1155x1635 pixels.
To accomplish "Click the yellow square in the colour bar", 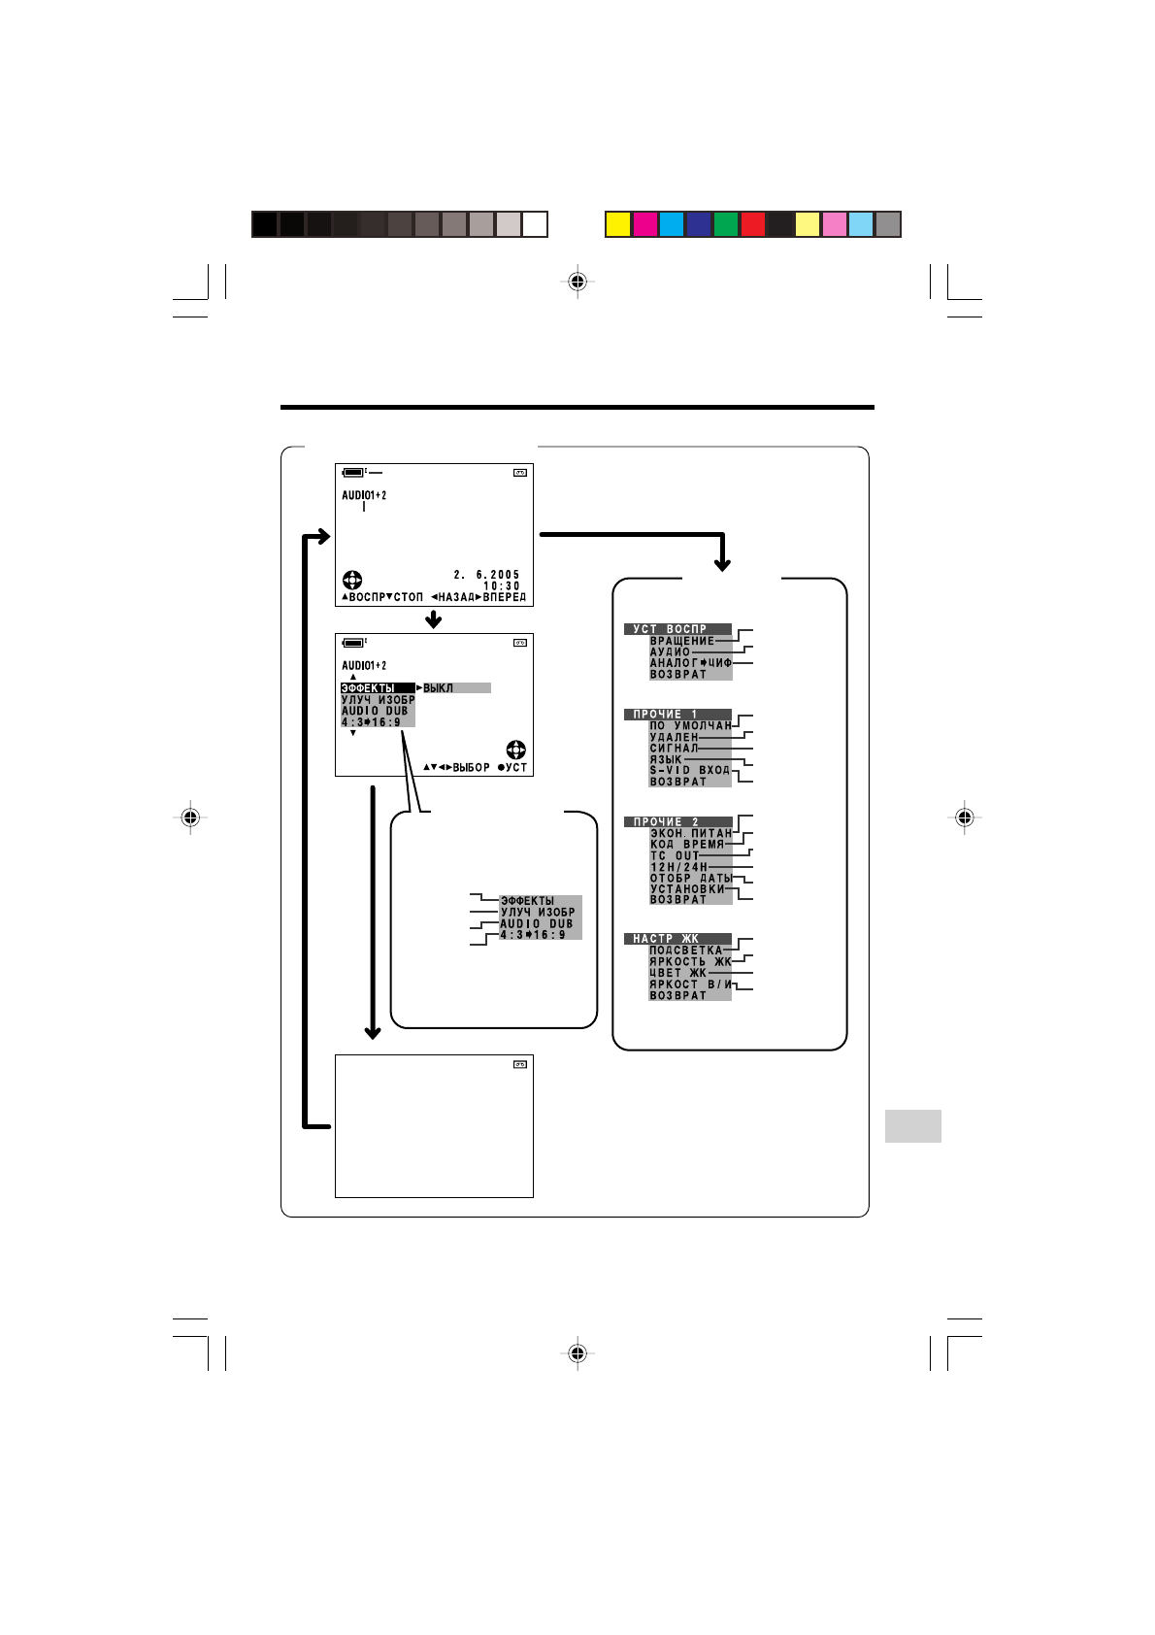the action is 618,224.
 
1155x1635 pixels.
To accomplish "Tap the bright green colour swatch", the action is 726,224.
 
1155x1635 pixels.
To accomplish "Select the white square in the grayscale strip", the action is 535,224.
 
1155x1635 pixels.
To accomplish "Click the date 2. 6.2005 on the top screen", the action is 486,575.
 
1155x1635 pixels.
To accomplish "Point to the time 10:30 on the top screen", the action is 502,586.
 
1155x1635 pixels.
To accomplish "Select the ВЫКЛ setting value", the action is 438,688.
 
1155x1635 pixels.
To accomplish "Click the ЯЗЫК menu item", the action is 666,759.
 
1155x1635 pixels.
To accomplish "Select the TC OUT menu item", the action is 675,855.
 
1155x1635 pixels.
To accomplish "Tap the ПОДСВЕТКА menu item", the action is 686,951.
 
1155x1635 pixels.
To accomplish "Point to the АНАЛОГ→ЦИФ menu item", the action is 690,663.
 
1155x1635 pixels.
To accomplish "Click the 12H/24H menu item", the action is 678,867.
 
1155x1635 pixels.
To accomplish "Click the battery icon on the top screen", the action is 354,472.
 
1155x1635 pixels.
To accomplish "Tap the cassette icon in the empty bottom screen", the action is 520,1065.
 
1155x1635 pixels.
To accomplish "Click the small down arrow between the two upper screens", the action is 434,619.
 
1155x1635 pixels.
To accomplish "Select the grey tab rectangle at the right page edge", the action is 912,1126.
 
